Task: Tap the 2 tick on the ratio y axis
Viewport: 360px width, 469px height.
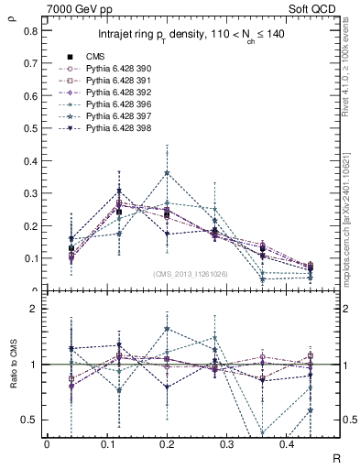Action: (x=34, y=309)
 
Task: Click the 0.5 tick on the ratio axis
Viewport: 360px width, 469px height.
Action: (x=30, y=420)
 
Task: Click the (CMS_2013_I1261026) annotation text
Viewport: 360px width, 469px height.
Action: (x=191, y=273)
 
